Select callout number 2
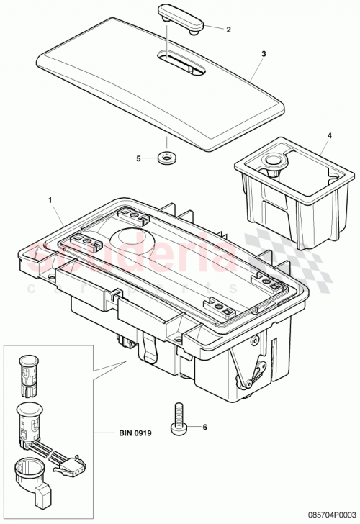click(x=228, y=30)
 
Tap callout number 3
click(x=264, y=54)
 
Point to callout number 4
click(x=330, y=135)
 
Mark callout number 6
click(x=204, y=427)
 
